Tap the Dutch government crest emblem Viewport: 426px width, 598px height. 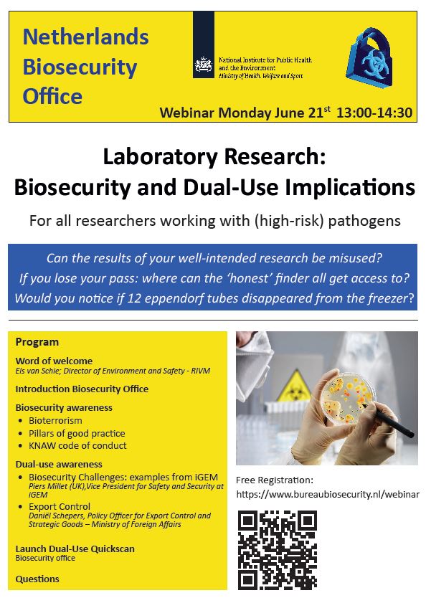[x=204, y=66]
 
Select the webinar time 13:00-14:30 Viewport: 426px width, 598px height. [x=374, y=113]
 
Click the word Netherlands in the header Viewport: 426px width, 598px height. [x=85, y=37]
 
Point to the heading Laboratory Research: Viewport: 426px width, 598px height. [x=214, y=156]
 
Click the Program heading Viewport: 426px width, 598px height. [x=37, y=342]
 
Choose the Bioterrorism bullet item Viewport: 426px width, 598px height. [x=55, y=420]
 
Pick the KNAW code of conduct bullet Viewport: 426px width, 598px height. [x=77, y=445]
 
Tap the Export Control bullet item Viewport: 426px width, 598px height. [x=60, y=507]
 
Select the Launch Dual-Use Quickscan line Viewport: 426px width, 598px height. [x=75, y=549]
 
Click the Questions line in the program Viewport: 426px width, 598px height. [x=37, y=579]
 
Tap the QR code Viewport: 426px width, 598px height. [x=277, y=549]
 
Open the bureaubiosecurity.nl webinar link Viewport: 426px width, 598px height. [x=327, y=494]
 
